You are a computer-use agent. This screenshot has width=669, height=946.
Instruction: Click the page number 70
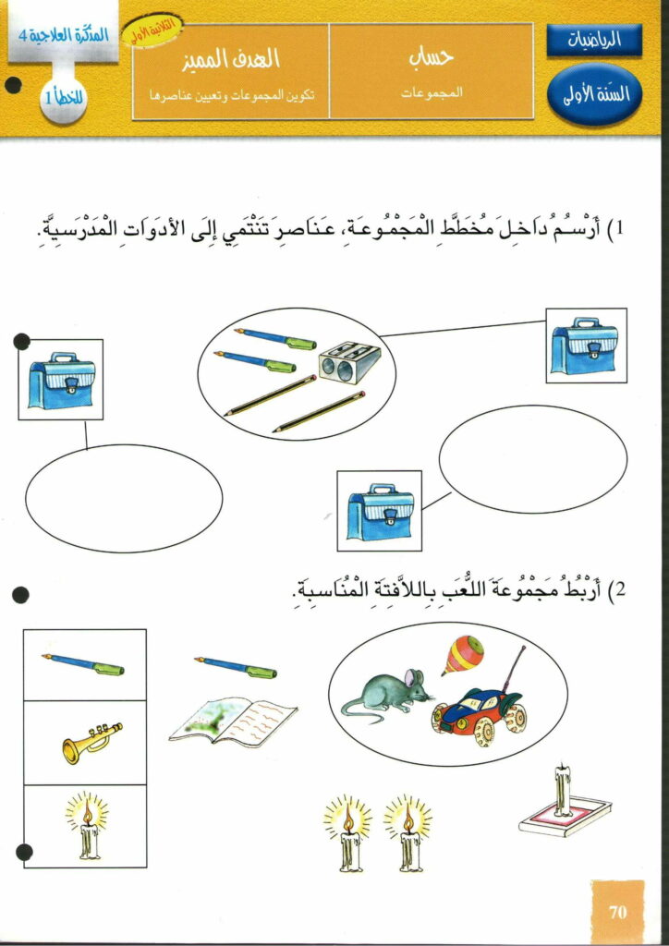[618, 912]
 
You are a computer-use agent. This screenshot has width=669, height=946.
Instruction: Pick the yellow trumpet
[91, 741]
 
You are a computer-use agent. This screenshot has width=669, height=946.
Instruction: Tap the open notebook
[233, 722]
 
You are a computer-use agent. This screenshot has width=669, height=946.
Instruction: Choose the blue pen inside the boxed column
[83, 664]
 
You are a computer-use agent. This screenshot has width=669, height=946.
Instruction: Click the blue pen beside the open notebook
[236, 665]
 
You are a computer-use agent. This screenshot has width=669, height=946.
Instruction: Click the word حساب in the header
[430, 57]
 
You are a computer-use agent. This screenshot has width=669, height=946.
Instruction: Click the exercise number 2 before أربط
[621, 590]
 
